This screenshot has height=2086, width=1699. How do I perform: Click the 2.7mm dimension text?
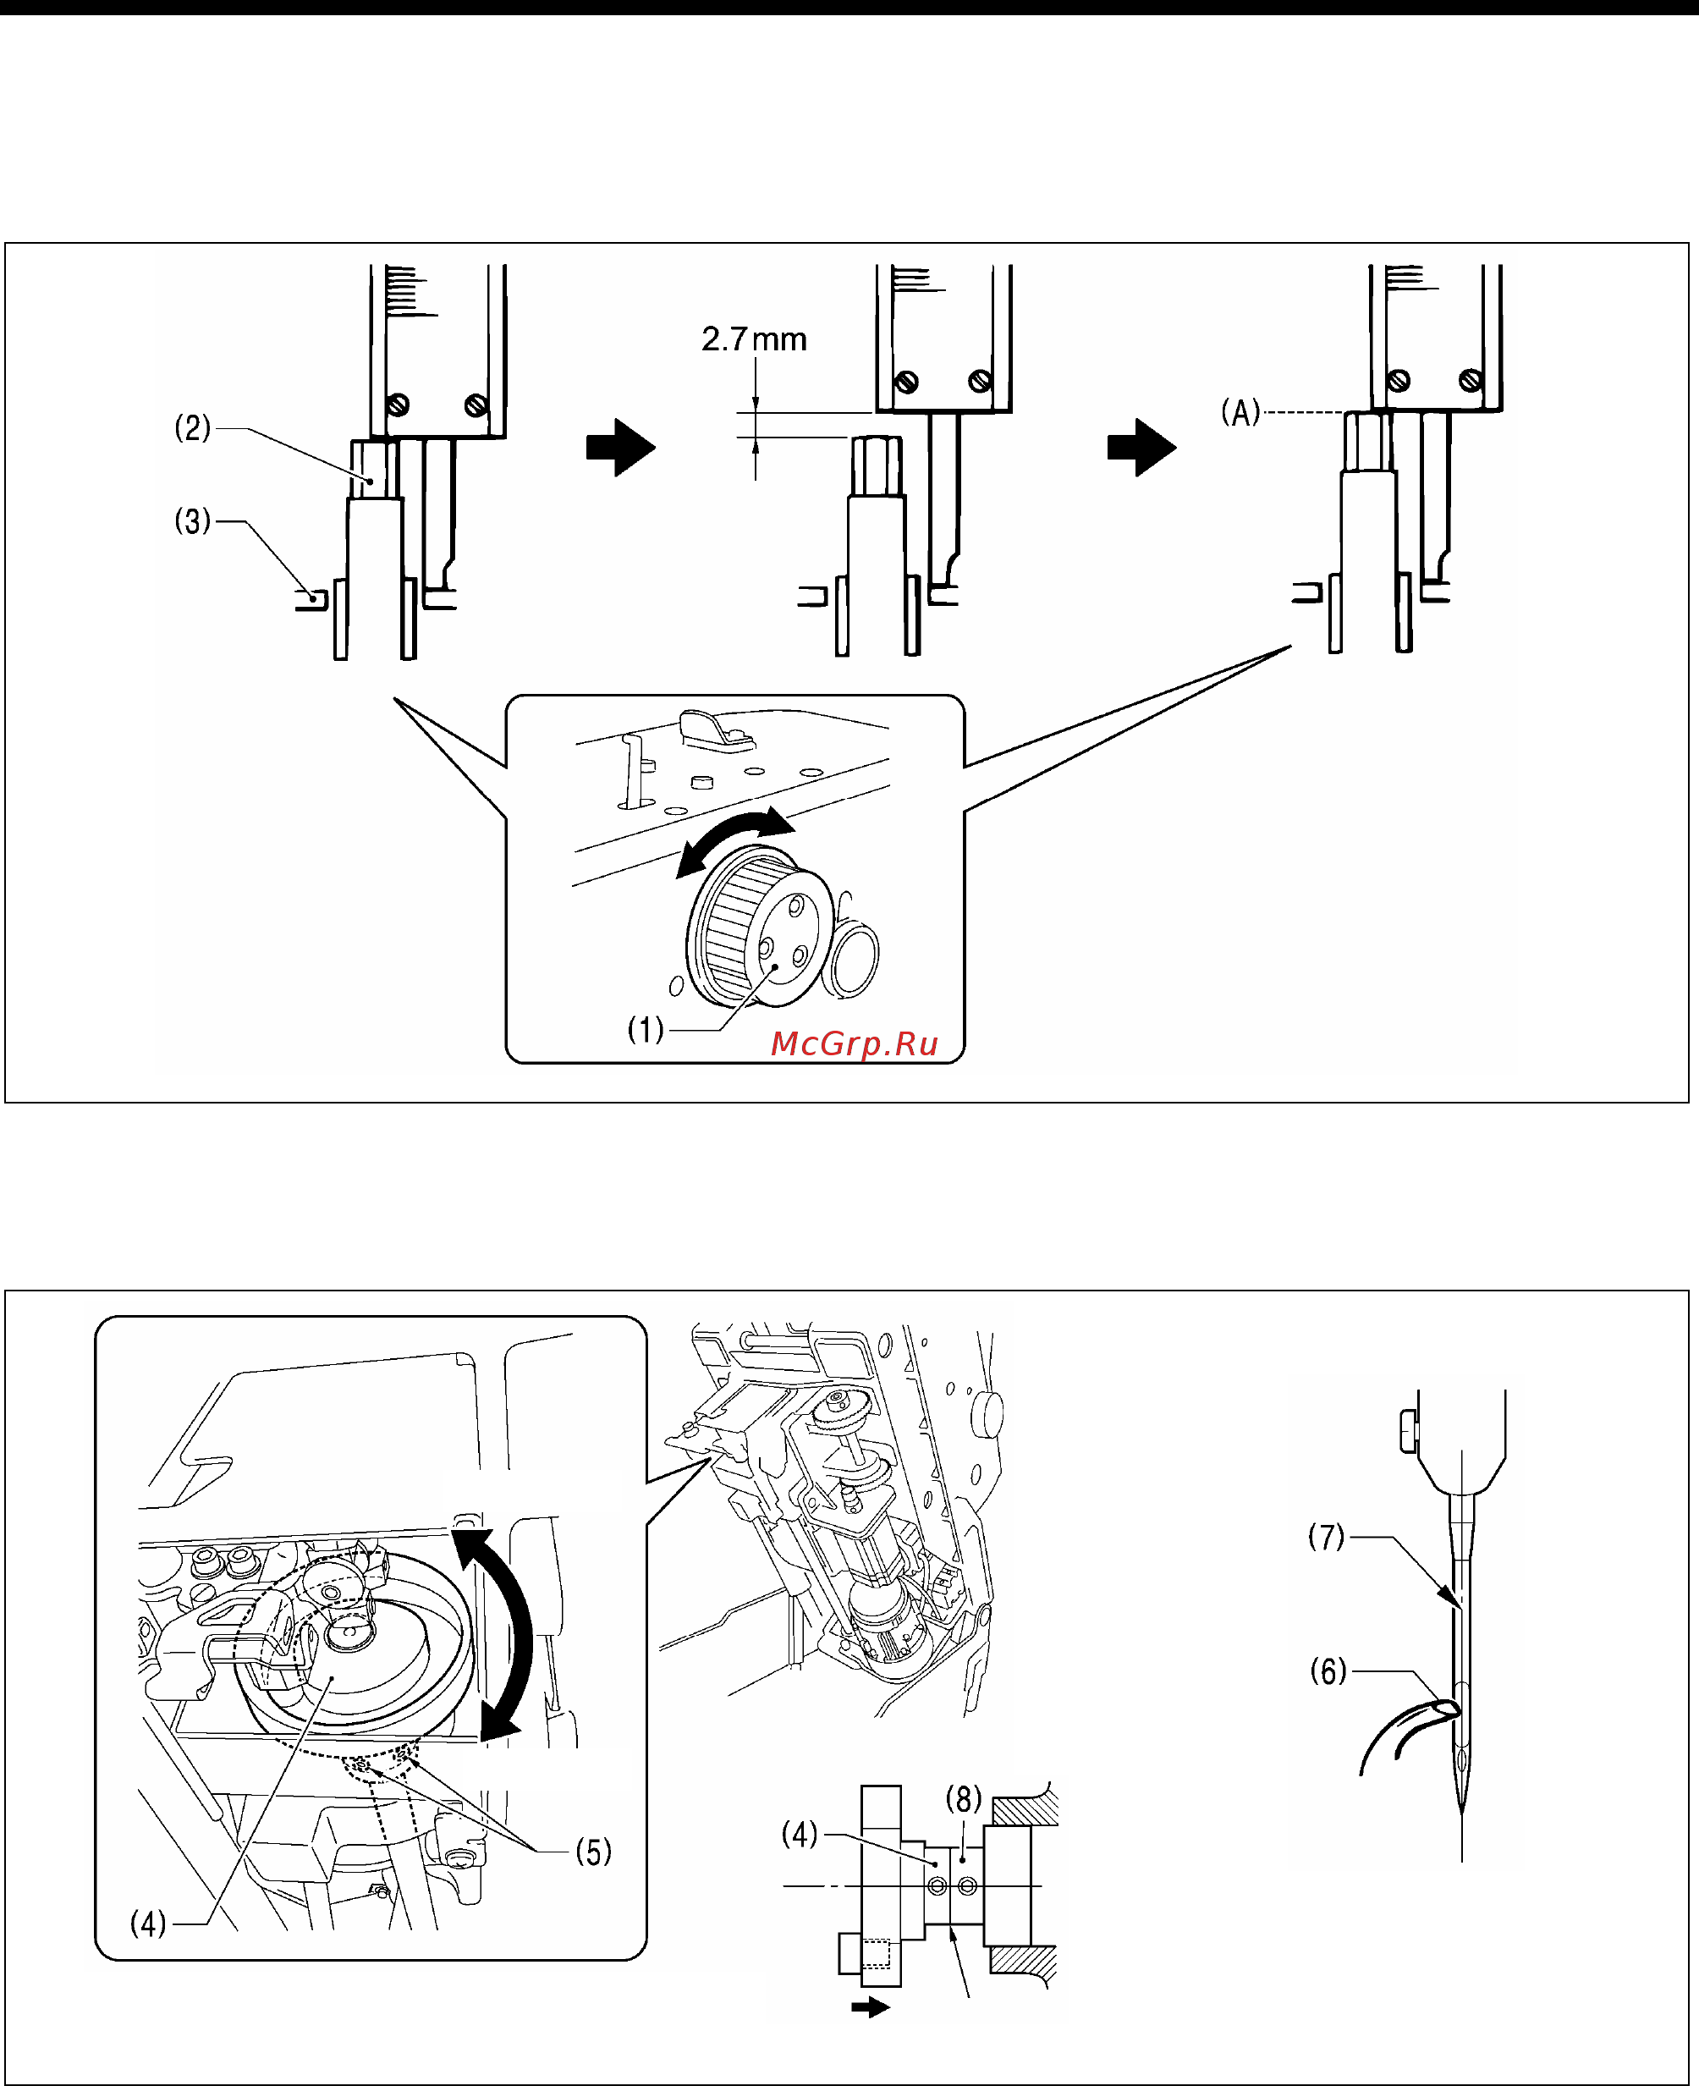pos(754,339)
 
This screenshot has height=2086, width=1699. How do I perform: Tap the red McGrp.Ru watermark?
pos(855,1043)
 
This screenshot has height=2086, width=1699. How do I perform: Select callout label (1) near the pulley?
pos(646,1030)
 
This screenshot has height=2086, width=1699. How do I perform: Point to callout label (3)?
pos(193,520)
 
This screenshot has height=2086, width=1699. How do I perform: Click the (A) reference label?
pos(1240,412)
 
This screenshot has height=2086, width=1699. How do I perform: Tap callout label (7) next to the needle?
pos(1326,1536)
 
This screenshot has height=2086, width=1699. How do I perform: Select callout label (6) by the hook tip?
pos(1328,1671)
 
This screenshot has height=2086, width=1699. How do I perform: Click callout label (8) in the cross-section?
pos(963,1798)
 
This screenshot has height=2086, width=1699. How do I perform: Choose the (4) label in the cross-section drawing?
pos(800,1834)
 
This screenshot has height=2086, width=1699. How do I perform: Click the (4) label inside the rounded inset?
pos(149,1924)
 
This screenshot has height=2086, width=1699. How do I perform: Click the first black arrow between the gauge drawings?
pos(620,448)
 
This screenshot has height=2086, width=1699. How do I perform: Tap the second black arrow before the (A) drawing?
pos(1141,448)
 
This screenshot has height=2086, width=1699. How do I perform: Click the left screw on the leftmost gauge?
pos(398,405)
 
